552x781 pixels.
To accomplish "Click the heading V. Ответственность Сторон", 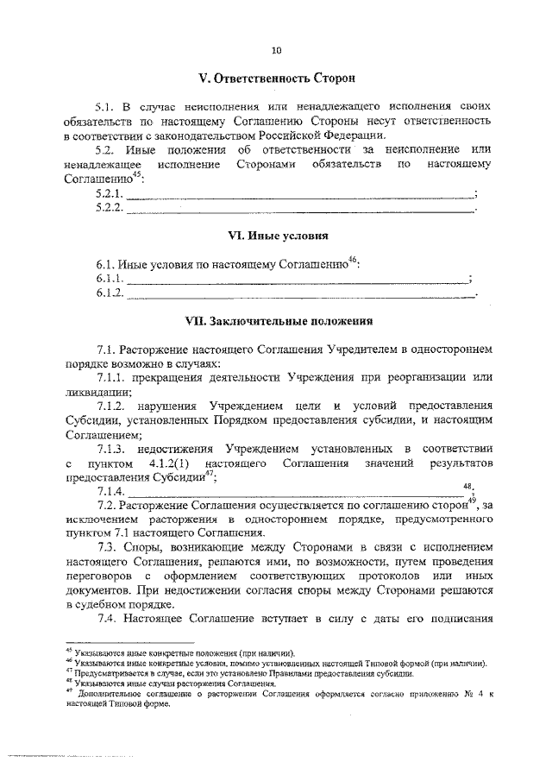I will coord(276,79).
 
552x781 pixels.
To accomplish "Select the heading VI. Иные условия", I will coord(276,235).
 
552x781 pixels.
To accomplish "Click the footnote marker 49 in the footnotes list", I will coord(69,691).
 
